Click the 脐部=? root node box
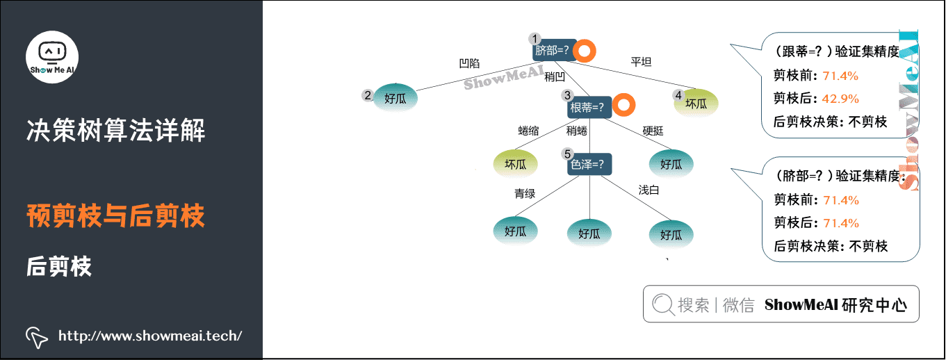click(553, 50)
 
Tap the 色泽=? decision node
click(589, 165)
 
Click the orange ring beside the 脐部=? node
click(585, 51)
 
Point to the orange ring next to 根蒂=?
click(624, 106)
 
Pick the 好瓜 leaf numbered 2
click(395, 98)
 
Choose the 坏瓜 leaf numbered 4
click(696, 103)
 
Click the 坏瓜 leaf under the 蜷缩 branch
click(515, 164)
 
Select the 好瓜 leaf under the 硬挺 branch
click(671, 164)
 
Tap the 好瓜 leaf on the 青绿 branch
click(515, 231)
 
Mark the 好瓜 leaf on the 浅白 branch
click(671, 234)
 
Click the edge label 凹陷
click(469, 63)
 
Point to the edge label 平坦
click(641, 61)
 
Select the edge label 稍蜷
click(576, 131)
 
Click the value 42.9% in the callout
click(840, 98)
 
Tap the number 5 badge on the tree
click(567, 154)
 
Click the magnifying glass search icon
click(663, 304)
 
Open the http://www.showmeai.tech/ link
click(150, 336)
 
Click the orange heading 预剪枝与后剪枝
click(115, 216)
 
